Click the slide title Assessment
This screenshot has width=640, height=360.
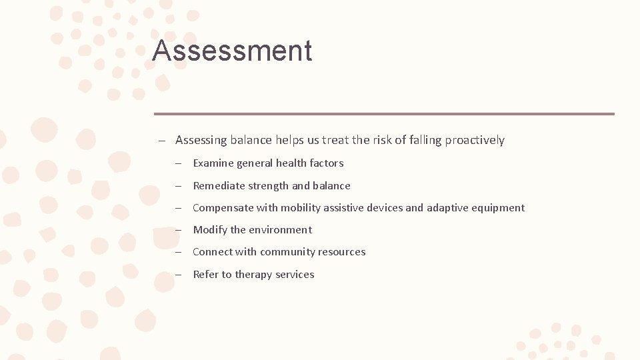click(232, 51)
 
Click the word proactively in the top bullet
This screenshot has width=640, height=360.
click(475, 140)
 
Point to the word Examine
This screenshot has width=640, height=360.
click(213, 163)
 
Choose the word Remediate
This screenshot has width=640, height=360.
click(219, 186)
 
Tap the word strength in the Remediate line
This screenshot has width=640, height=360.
click(270, 186)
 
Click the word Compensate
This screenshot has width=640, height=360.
click(223, 208)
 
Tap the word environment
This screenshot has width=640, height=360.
click(281, 230)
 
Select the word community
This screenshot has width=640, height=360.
click(287, 252)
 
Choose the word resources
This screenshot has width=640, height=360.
click(342, 252)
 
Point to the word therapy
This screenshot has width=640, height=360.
click(253, 275)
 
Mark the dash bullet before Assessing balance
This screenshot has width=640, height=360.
click(162, 141)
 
